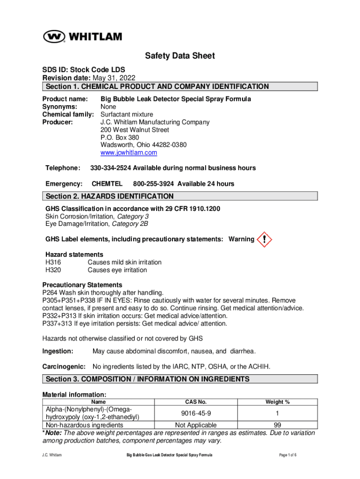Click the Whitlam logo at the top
[x=83, y=36]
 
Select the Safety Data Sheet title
[x=180, y=56]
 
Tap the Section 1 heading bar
[x=180, y=87]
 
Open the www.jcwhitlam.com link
[x=129, y=152]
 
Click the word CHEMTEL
[x=107, y=184]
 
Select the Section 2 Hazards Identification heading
[x=180, y=196]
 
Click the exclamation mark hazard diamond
[x=265, y=239]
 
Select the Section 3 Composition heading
[x=180, y=379]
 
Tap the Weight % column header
[x=277, y=402]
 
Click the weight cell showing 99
[x=277, y=425]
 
